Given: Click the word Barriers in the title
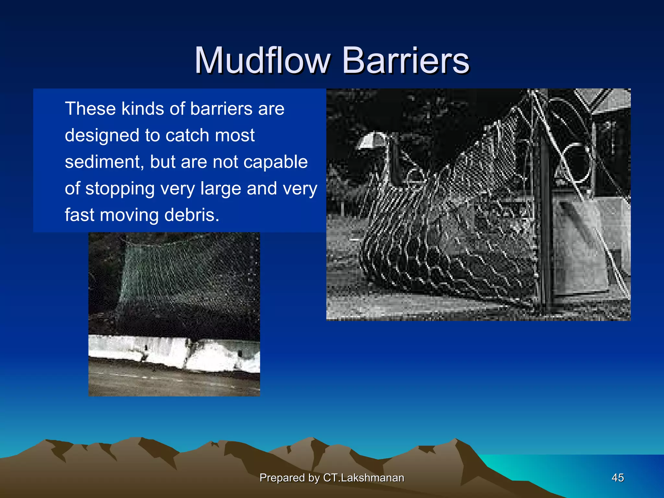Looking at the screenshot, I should click(405, 61).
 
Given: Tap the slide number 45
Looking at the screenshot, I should click(617, 478).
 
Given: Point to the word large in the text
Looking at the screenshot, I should click(220, 189).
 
